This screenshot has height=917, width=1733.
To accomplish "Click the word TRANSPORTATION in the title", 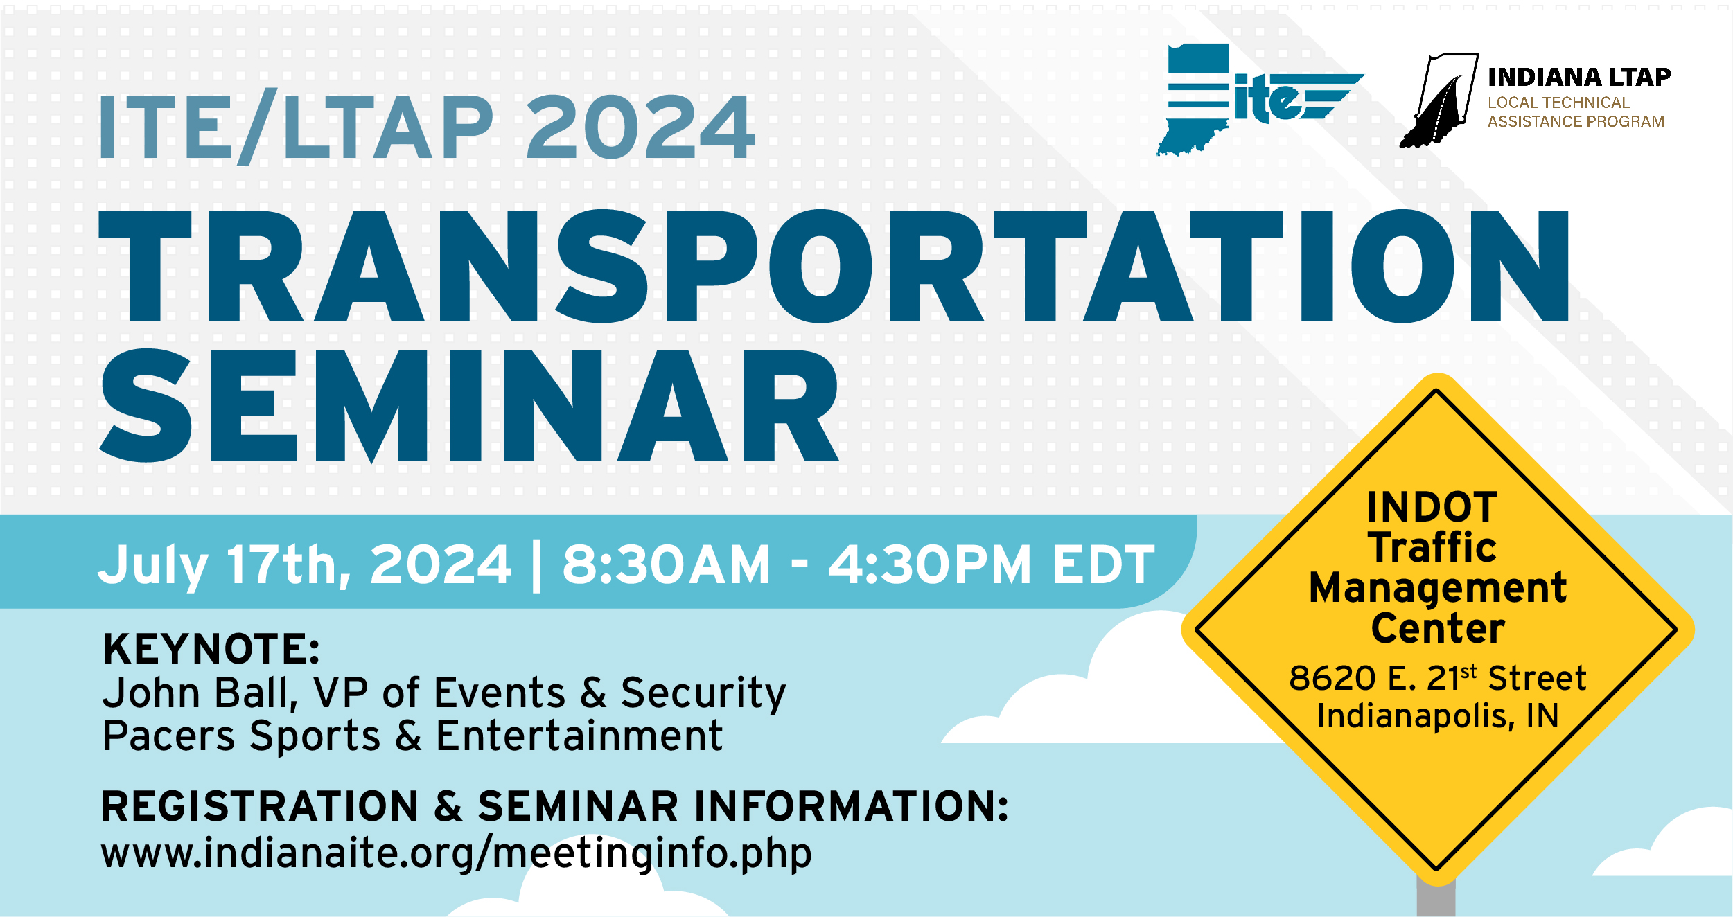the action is (x=834, y=267).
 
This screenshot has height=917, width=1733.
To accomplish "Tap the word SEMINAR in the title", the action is (x=469, y=406).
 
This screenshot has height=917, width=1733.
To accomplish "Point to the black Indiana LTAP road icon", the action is (x=1439, y=100).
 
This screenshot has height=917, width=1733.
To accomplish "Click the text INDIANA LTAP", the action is (x=1579, y=77).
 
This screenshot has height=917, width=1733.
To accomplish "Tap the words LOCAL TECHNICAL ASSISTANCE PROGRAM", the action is (x=1576, y=112).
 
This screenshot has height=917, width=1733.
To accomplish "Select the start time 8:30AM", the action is (x=667, y=564).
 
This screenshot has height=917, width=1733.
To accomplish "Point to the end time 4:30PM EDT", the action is (x=992, y=564).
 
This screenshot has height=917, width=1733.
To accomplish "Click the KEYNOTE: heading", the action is (x=211, y=650).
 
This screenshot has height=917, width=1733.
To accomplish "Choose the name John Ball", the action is (x=200, y=693).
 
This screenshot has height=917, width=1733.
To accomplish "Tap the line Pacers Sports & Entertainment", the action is (x=413, y=736).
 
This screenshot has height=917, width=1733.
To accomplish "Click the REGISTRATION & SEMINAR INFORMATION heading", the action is (x=555, y=807).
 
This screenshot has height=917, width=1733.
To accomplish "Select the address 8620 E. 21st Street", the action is (x=1437, y=678).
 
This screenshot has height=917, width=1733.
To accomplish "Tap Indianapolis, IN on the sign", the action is (x=1438, y=716).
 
